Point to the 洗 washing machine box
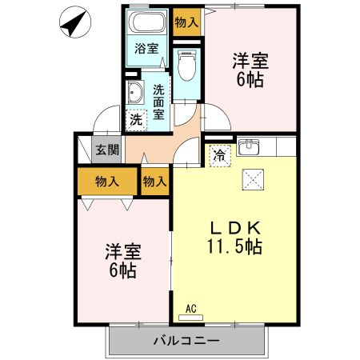pyautogui.click(x=135, y=120)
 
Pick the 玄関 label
pyautogui.click(x=107, y=149)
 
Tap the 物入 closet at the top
pyautogui.click(x=187, y=22)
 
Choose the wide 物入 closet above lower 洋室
pyautogui.click(x=106, y=181)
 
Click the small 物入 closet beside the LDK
pyautogui.click(x=155, y=181)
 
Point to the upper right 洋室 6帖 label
pyautogui.click(x=250, y=70)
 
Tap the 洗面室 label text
pyautogui.click(x=159, y=102)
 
